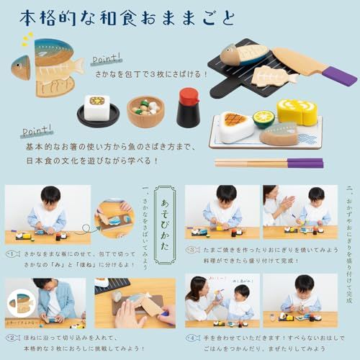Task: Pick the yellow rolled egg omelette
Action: tap(297, 112)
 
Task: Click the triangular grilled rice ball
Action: tap(235, 127)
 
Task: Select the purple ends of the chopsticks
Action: tap(305, 163)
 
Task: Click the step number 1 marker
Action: tap(12, 253)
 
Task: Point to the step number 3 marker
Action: tap(192, 250)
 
